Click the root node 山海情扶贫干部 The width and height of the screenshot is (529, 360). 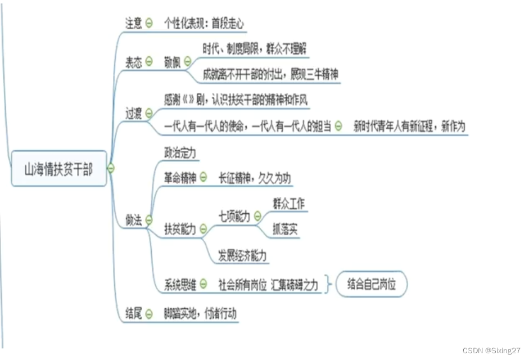58,169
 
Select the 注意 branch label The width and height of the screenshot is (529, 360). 134,23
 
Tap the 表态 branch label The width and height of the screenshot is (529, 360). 134,61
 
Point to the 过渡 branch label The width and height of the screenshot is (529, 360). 134,112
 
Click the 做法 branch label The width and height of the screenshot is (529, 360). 134,220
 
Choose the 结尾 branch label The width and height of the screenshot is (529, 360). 134,314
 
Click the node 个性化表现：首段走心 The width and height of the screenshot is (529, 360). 205,24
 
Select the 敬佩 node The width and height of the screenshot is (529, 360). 173,61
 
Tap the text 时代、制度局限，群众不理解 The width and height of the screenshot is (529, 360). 255,49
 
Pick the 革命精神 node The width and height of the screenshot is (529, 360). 180,178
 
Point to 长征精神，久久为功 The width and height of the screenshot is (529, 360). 255,178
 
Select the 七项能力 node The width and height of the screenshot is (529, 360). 234,216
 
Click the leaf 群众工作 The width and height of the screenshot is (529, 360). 288,204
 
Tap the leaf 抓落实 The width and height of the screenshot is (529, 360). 285,230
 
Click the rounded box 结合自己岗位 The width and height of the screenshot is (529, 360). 372,284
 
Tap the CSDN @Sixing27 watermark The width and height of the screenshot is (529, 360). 491,350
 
